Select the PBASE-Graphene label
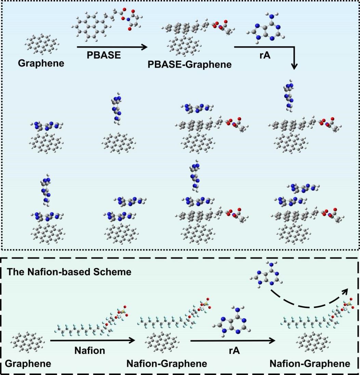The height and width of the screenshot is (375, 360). click(189, 64)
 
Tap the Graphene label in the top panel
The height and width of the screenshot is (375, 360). click(41, 63)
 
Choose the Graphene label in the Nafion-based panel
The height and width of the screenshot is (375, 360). click(28, 363)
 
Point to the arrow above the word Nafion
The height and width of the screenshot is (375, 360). click(93, 340)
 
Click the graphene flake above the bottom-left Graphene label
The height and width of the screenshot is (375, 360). click(28, 343)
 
